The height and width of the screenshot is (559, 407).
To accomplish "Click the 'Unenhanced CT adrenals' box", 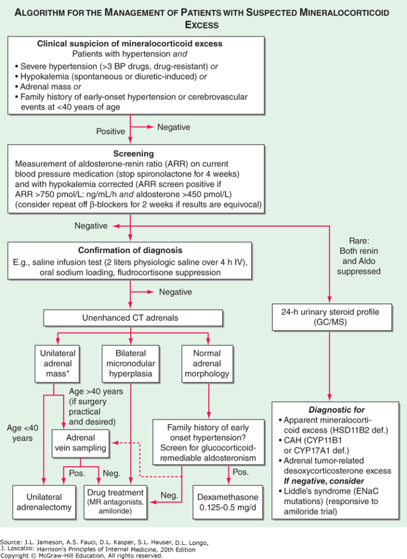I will coord(130,318).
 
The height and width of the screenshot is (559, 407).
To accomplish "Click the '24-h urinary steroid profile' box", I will coord(329,317).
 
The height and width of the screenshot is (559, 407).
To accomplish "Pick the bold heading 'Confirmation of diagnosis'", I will coord(130,250).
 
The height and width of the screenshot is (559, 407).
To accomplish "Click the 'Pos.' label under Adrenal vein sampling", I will coord(77,472).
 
